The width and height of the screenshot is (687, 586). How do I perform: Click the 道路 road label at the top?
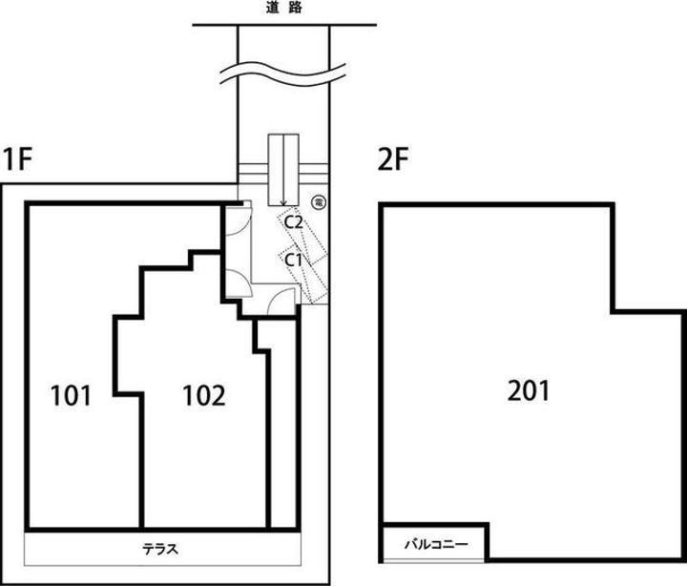point(284,8)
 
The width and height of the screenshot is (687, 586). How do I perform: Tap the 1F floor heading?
point(17,159)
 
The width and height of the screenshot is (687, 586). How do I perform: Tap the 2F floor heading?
point(393,159)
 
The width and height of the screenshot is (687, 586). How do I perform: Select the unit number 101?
point(71,395)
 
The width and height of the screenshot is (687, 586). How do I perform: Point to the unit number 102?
point(204,395)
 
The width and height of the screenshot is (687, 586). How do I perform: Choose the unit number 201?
point(528,391)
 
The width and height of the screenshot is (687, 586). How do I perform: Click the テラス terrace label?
point(160,549)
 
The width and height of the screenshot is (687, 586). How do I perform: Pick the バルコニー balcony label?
point(436,544)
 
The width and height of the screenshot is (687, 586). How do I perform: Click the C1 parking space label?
point(293,261)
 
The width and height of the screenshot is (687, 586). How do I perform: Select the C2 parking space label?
point(293,222)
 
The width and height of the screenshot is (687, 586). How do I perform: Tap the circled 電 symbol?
point(318,202)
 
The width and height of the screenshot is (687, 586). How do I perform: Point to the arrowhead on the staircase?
point(283,202)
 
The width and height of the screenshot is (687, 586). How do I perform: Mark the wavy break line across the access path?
point(283,73)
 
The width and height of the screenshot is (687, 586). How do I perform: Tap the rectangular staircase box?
point(283,170)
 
